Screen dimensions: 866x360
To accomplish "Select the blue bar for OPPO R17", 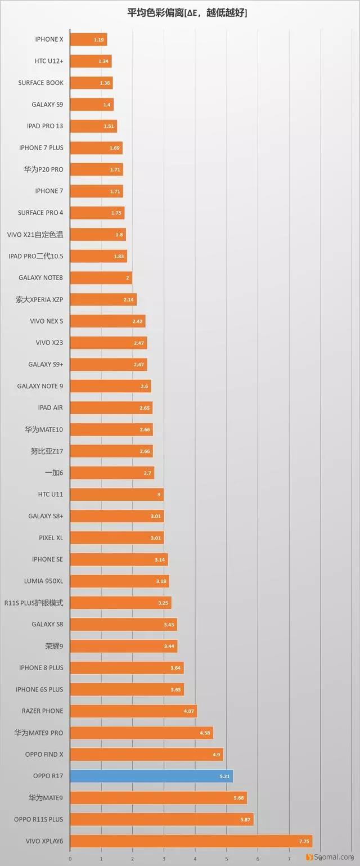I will pyautogui.click(x=151, y=777).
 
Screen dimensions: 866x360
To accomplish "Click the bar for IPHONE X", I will pyautogui.click(x=88, y=39).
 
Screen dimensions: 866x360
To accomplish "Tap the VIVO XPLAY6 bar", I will pyautogui.click(x=191, y=841).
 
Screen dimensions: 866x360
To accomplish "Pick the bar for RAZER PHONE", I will pyautogui.click(x=133, y=711).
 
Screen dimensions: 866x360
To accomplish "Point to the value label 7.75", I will pyautogui.click(x=304, y=841).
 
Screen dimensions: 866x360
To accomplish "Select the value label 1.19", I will pyautogui.click(x=99, y=39).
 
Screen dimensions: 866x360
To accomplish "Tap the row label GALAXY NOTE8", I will pyautogui.click(x=40, y=277).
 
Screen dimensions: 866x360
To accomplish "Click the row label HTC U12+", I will pyautogui.click(x=49, y=61).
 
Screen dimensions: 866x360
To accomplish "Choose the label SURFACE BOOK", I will pyautogui.click(x=40, y=83).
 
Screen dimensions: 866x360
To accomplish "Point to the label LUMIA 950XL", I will pyautogui.click(x=43, y=581).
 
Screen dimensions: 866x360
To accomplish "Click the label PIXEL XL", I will pyautogui.click(x=51, y=538).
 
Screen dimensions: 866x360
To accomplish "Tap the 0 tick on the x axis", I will pyautogui.click(x=70, y=859).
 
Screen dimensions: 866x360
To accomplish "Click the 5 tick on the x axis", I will pyautogui.click(x=226, y=859).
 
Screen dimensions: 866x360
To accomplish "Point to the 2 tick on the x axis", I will pyautogui.click(x=133, y=859).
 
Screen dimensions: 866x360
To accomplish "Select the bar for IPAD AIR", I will pyautogui.click(x=111, y=408).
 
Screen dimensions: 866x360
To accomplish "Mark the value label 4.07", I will pyautogui.click(x=189, y=711).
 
